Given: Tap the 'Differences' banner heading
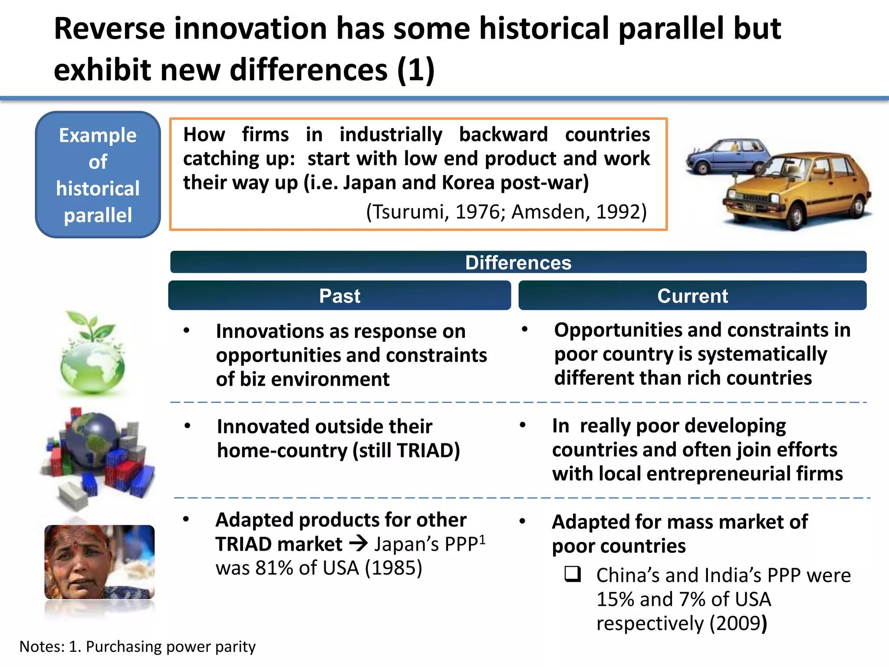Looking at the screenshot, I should pyautogui.click(x=518, y=262).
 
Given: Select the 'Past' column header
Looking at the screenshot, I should pyautogui.click(x=339, y=296).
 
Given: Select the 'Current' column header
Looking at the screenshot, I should pyautogui.click(x=692, y=296).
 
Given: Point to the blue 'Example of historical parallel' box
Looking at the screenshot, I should pyautogui.click(x=98, y=175).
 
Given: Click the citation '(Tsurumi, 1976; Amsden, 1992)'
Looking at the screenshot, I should pyautogui.click(x=506, y=212).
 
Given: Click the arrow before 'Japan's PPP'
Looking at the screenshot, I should pyautogui.click(x=359, y=544).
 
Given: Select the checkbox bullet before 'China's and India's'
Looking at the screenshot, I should pyautogui.click(x=573, y=574).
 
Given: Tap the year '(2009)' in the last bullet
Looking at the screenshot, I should pyautogui.click(x=738, y=624).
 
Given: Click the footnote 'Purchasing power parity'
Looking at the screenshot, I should pyautogui.click(x=171, y=647).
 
